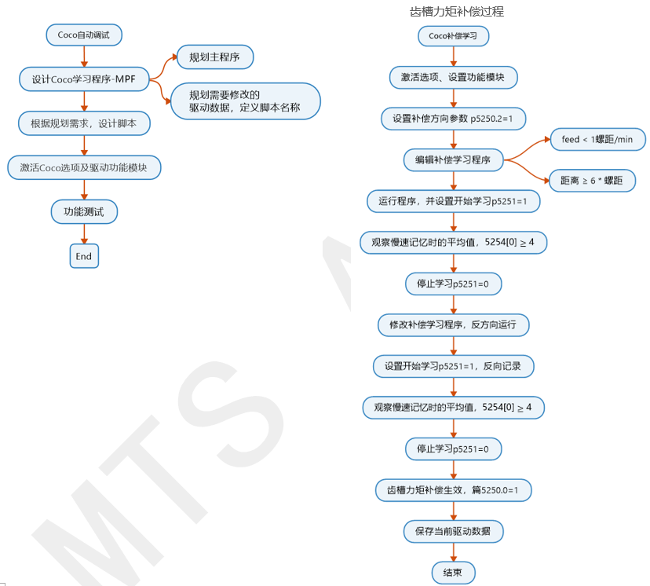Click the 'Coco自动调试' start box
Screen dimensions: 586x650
point(84,35)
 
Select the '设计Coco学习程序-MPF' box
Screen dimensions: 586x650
point(84,79)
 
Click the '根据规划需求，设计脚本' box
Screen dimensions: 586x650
point(84,123)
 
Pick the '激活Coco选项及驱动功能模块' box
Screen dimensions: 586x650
point(84,167)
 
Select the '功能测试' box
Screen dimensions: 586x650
point(84,211)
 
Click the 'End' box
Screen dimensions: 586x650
point(84,256)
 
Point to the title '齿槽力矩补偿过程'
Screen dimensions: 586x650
point(457,12)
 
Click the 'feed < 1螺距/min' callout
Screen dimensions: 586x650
point(597,140)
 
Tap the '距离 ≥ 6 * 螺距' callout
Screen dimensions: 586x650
point(592,181)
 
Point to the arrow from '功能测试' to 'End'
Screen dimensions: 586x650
point(84,233)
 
